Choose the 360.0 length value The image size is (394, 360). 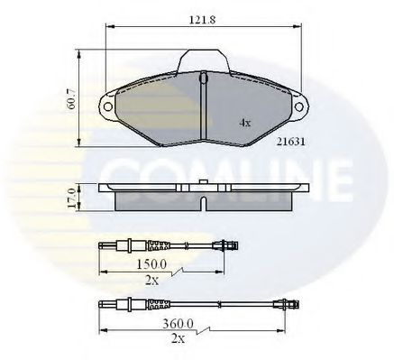coord(168,323)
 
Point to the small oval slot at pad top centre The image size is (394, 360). coord(204,79)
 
